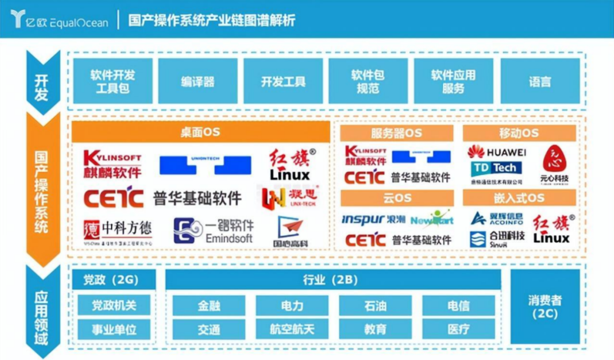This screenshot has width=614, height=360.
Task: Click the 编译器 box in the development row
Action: (x=198, y=81)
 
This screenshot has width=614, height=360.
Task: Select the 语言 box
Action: (x=540, y=81)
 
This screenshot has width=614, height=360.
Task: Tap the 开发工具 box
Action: (x=283, y=81)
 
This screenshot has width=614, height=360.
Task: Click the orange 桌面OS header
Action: (x=200, y=133)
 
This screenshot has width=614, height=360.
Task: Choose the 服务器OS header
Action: (x=397, y=133)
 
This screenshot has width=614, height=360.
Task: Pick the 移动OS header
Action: (x=518, y=133)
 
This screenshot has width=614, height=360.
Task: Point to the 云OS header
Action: (x=397, y=198)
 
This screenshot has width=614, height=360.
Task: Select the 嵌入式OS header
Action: (x=518, y=198)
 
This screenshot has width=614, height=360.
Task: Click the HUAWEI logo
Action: (x=496, y=152)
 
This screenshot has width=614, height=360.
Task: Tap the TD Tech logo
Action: (x=496, y=168)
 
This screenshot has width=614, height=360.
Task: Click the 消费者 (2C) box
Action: (x=545, y=307)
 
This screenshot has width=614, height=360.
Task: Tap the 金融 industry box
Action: (x=209, y=305)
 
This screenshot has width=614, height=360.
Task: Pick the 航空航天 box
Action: (x=292, y=329)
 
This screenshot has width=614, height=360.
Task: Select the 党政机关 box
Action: (x=114, y=305)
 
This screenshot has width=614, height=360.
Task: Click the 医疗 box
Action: (x=458, y=329)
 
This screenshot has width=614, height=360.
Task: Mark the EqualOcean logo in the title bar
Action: (x=59, y=19)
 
